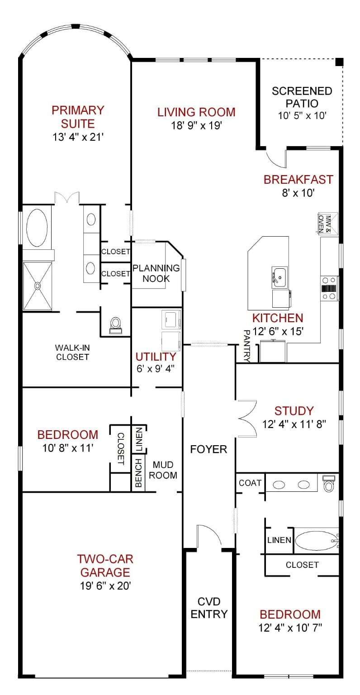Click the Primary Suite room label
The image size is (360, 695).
coord(78,117)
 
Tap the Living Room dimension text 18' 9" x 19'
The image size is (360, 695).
coord(196,125)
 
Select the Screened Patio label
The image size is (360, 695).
coord(302,97)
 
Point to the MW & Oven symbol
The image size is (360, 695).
coord(325,223)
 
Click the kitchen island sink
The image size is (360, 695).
coord(280,277)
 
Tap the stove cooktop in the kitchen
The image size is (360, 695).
coord(329,288)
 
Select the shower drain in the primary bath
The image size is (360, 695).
coord(38,286)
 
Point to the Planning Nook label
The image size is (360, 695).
coord(156,273)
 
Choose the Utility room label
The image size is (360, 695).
coord(156,357)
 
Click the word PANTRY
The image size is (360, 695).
coord(246,346)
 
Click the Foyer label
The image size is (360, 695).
coord(208,449)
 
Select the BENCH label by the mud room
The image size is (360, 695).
coord(138,473)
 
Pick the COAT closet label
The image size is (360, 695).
coord(250,483)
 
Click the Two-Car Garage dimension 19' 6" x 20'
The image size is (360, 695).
coord(105,586)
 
